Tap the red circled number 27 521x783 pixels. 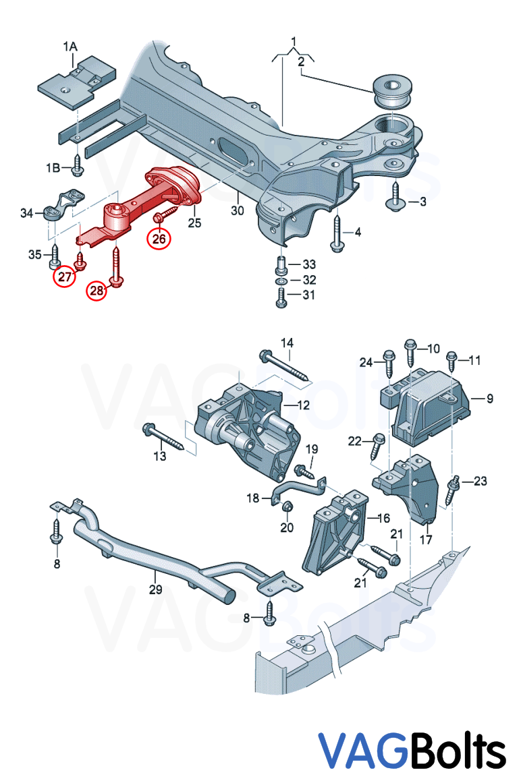[65, 277]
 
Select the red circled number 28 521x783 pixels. [97, 291]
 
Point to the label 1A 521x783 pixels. [70, 47]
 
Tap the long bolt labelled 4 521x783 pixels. [337, 233]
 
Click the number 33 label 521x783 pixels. [308, 264]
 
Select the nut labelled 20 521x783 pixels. [287, 509]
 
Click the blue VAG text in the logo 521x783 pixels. [362, 750]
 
